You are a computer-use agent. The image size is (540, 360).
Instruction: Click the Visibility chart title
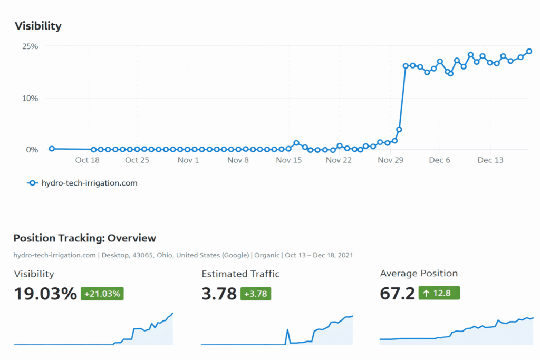tap(38, 26)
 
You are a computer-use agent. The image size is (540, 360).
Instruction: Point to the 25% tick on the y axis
tap(30, 46)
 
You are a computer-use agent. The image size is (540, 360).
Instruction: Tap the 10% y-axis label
tap(30, 98)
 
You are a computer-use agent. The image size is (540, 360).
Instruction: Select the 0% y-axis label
tap(32, 150)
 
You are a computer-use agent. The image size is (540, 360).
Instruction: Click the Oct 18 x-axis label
tap(88, 160)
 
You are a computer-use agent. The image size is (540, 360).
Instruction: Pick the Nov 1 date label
tap(188, 160)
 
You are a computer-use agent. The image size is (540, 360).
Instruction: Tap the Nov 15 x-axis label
tap(289, 160)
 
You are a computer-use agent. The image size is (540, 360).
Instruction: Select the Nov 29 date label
tap(391, 160)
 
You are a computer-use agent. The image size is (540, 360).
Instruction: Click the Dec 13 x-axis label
tap(490, 160)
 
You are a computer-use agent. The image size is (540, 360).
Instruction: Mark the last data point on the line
tap(529, 52)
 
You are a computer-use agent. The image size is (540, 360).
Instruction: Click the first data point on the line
tap(52, 149)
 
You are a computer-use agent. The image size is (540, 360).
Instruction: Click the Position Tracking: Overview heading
tap(84, 238)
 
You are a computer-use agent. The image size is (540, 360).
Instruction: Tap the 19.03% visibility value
tap(45, 294)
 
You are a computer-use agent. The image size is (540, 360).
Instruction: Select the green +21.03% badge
tap(102, 294)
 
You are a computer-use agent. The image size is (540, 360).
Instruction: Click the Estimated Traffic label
tap(240, 274)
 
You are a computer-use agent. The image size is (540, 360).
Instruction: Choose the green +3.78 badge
tap(256, 294)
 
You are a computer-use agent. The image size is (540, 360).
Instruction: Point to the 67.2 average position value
tap(397, 294)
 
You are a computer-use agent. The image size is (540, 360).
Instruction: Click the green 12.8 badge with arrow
tap(439, 293)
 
